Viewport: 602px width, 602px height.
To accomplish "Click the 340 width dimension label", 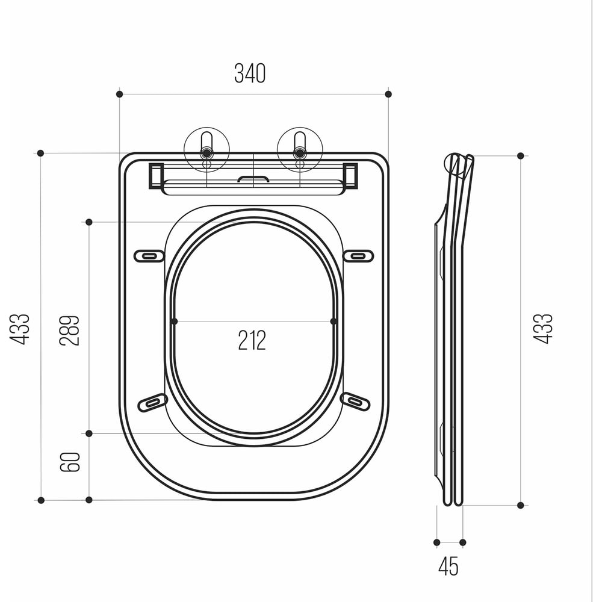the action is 250,73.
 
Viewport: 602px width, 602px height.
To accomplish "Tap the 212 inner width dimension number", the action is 252,340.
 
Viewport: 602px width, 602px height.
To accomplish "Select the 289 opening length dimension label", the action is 69,330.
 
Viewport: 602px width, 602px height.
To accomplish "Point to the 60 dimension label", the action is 70,462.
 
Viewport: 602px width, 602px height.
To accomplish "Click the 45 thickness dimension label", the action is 448,566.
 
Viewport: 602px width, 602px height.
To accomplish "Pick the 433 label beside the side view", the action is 542,329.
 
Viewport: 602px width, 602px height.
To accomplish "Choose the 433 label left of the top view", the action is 20,329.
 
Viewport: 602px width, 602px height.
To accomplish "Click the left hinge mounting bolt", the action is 207,153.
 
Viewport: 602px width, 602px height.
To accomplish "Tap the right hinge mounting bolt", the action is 299,153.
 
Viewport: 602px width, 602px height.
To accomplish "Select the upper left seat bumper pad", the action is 149,256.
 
